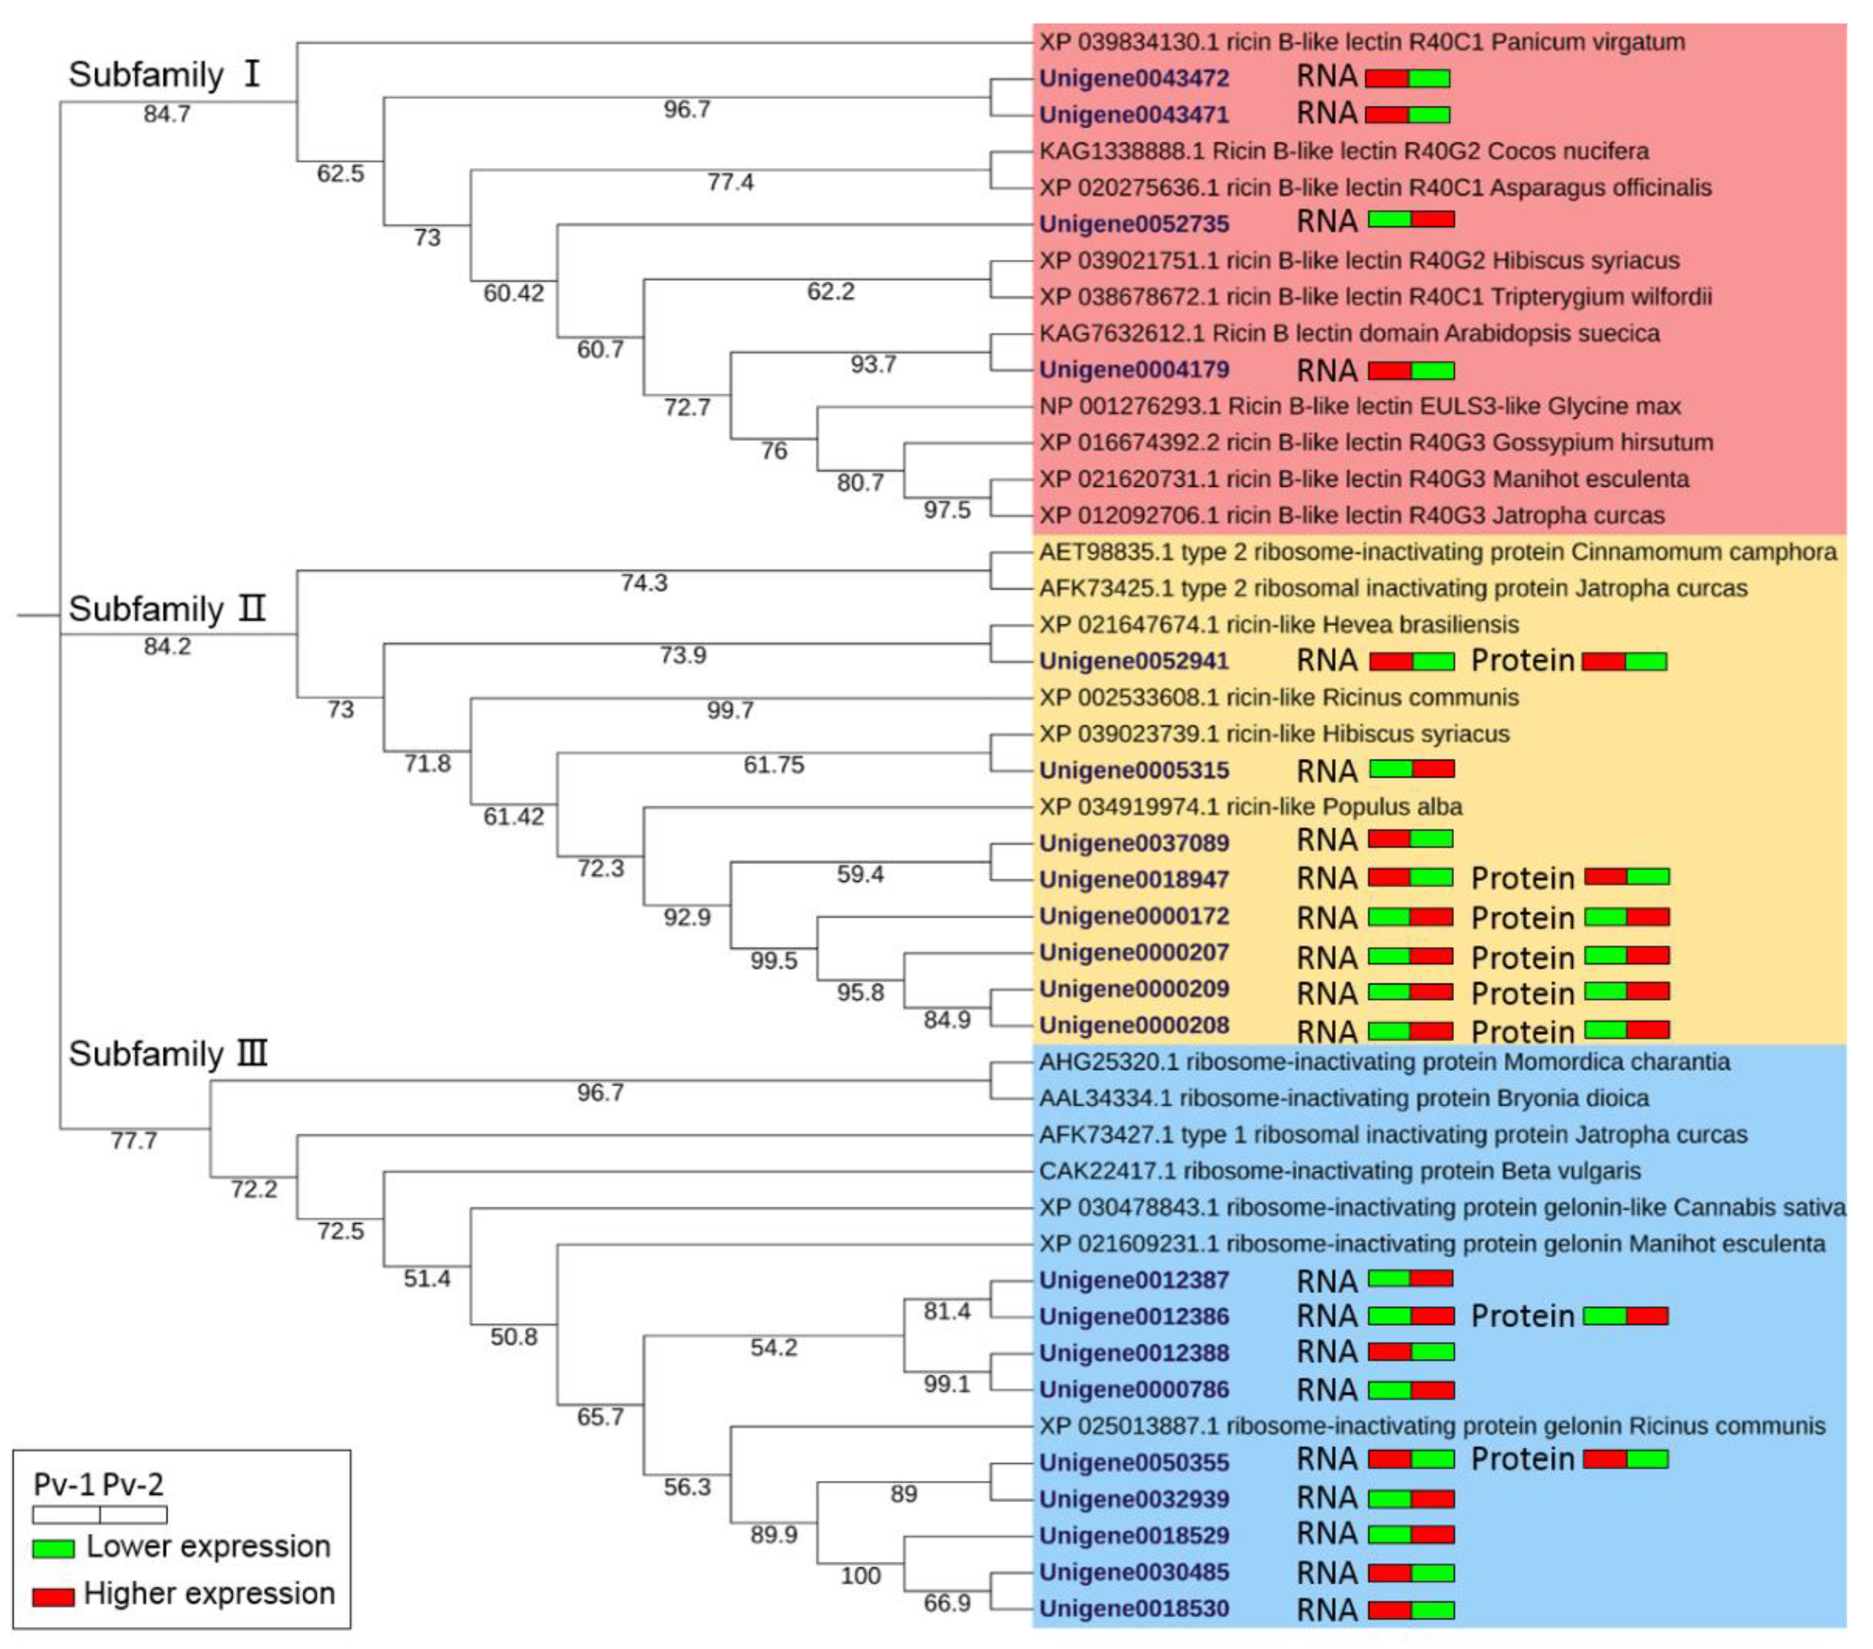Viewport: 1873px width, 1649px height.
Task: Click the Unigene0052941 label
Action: point(1133,661)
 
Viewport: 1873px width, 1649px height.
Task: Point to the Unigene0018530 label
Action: point(1133,1608)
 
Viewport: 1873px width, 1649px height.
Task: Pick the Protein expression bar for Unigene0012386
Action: point(1625,1316)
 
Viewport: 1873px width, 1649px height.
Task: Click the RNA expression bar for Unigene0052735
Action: point(1411,219)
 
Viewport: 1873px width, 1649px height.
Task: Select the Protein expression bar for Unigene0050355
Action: point(1625,1460)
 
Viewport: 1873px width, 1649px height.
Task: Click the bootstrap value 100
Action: point(861,1576)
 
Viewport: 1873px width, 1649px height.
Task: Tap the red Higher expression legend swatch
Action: point(53,1597)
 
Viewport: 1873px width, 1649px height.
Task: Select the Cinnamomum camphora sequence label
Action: point(1437,552)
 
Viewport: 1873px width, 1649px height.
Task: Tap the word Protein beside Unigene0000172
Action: point(1522,918)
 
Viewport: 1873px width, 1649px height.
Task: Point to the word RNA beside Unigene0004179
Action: point(1326,371)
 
